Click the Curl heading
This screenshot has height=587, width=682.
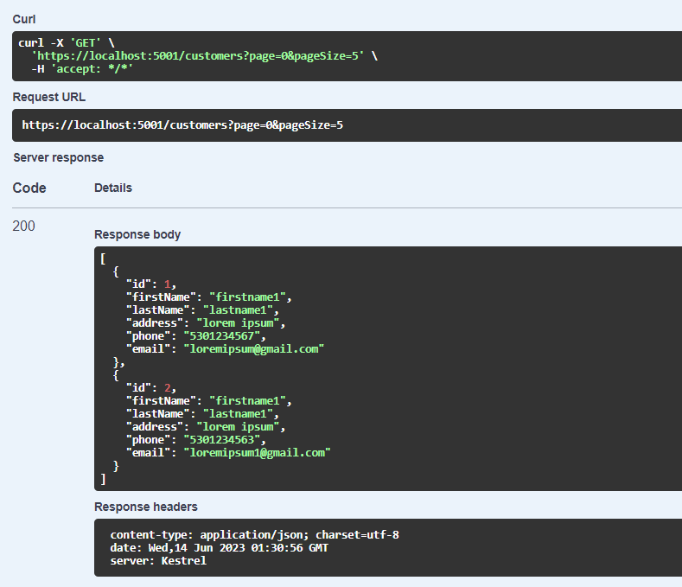click(24, 19)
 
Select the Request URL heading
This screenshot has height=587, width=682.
click(49, 97)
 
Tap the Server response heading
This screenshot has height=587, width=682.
click(58, 157)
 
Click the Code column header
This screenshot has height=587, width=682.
click(29, 188)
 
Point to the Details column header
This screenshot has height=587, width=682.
click(113, 188)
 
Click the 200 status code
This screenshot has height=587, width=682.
click(24, 227)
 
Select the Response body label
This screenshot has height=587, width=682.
click(137, 234)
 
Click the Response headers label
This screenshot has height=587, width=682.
click(146, 507)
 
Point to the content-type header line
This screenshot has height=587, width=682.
click(254, 535)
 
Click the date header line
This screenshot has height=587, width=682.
click(219, 548)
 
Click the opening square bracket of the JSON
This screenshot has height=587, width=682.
click(103, 258)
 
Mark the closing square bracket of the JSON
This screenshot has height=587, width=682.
click(103, 478)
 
